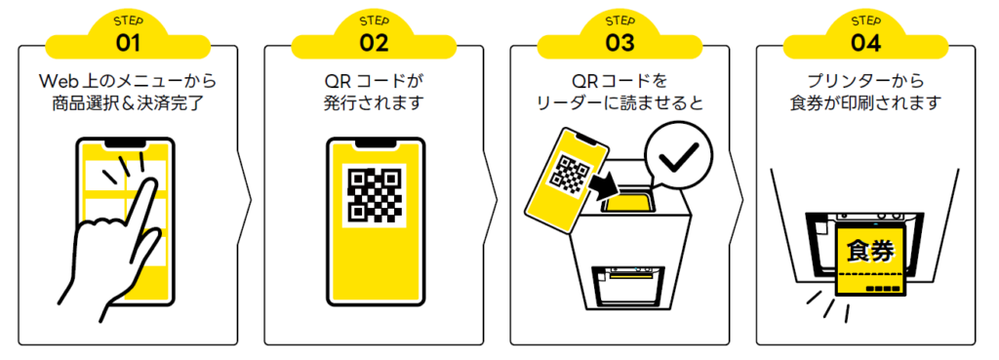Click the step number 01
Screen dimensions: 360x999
(x=128, y=43)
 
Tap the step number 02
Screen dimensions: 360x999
(x=374, y=43)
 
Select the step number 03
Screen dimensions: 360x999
(x=619, y=43)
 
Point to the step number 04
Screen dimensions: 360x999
(x=865, y=43)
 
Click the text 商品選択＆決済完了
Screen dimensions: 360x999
(x=128, y=102)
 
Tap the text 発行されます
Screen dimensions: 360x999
(x=374, y=102)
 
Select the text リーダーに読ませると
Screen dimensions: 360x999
(x=619, y=102)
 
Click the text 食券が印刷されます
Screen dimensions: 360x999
(x=865, y=102)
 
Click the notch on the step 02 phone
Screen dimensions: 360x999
(x=374, y=143)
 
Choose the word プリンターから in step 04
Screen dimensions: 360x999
(x=865, y=78)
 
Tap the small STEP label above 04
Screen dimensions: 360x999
(x=865, y=20)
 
